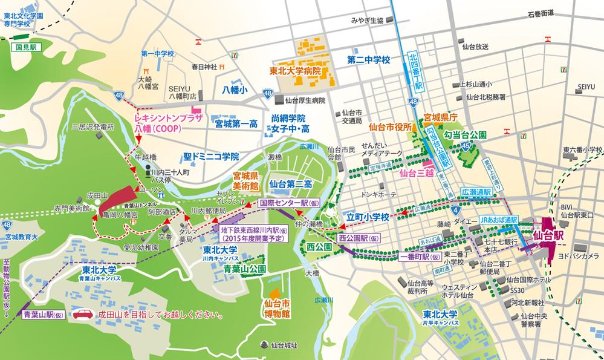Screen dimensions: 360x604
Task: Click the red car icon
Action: point(83,315)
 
